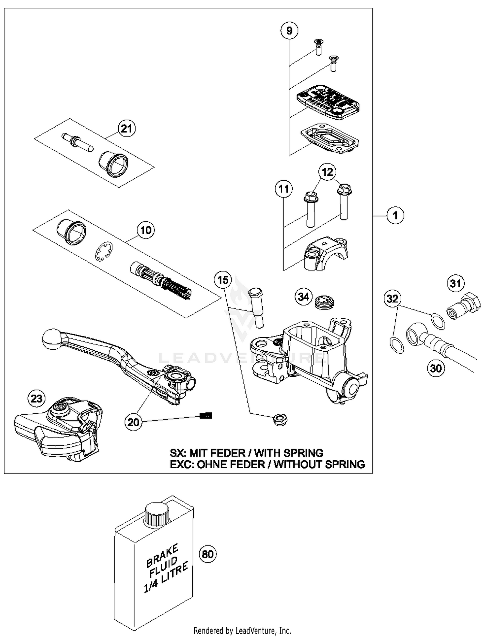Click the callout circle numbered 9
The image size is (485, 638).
[289, 30]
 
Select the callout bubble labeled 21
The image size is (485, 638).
[126, 129]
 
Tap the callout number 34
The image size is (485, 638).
[303, 296]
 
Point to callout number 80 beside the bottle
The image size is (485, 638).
[208, 554]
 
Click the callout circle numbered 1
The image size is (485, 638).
[395, 215]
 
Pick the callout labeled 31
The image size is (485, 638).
[456, 283]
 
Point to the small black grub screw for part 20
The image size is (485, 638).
[206, 416]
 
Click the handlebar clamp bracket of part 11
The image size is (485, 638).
[325, 253]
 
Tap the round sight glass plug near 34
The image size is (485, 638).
[324, 302]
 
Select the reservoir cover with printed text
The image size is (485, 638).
[328, 101]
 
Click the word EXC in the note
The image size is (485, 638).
[181, 464]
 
